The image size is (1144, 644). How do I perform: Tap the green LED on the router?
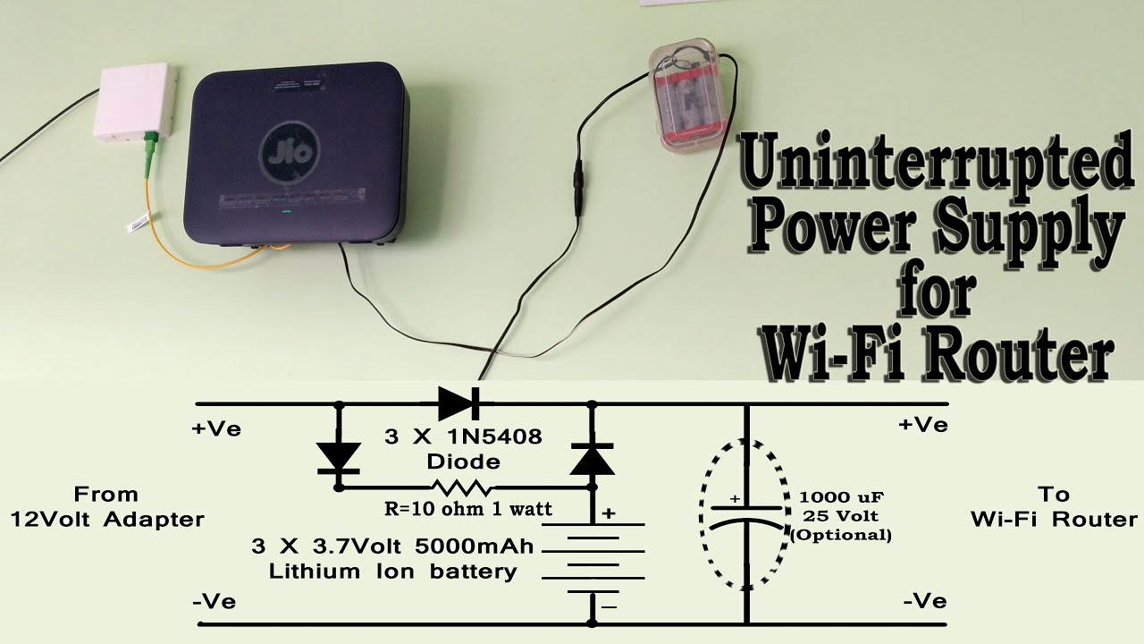pos(286,213)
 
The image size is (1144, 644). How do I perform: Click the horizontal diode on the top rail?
pos(458,404)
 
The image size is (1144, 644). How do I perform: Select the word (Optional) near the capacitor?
pos(842,535)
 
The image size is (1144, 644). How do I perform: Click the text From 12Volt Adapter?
pos(106,506)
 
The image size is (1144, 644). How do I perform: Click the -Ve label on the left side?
pos(214,601)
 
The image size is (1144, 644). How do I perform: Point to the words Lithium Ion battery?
pos(393,572)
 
